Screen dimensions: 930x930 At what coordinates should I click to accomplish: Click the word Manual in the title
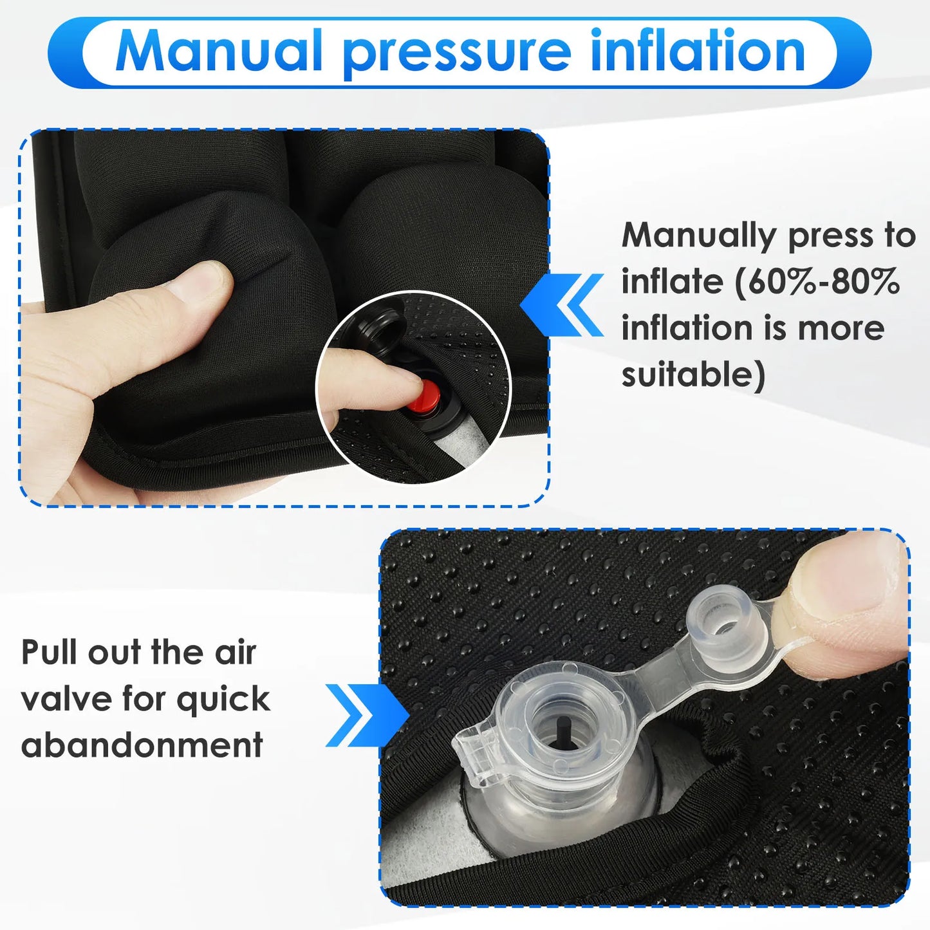219,51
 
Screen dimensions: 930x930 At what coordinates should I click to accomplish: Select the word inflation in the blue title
698,51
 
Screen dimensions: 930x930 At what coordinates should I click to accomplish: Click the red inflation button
425,396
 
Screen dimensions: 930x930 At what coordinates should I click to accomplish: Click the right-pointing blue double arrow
367,715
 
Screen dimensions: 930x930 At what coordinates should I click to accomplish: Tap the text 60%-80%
817,282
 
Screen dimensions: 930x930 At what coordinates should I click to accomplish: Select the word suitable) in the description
693,375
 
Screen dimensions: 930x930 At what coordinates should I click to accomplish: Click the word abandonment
142,745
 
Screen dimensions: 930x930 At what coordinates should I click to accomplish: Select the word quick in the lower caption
223,700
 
